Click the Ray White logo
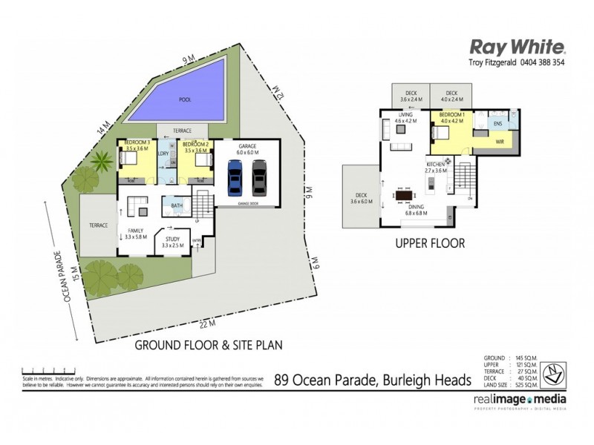[x=518, y=47]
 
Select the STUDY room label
[x=173, y=239]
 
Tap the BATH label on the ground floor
[x=177, y=206]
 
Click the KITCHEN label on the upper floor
[x=436, y=163]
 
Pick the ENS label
[x=497, y=125]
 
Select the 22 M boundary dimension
[x=206, y=323]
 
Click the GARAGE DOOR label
[x=247, y=202]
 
